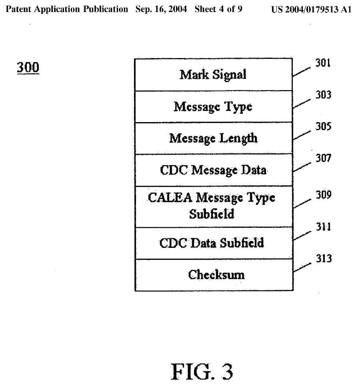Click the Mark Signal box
click(x=213, y=75)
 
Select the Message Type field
click(x=213, y=107)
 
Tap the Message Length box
click(x=213, y=138)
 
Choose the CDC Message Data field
click(x=213, y=170)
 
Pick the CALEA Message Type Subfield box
click(x=213, y=206)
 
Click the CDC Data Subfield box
click(x=213, y=243)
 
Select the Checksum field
click(x=213, y=275)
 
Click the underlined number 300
click(x=28, y=68)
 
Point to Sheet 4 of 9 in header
click(x=218, y=9)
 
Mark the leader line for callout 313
click(x=302, y=267)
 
